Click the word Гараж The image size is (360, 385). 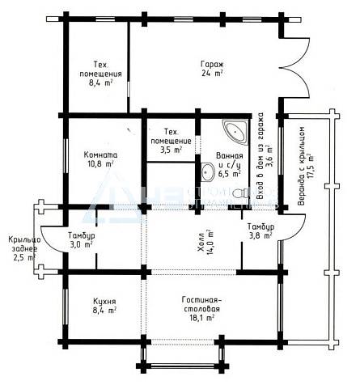point(212,65)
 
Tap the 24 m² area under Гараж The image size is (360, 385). point(212,74)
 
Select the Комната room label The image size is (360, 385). point(100,155)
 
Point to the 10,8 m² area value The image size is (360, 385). point(100,164)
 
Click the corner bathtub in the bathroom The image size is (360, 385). point(235,133)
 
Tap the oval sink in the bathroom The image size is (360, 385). point(208,172)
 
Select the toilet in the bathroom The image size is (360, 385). point(241,193)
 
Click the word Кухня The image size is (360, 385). point(104,301)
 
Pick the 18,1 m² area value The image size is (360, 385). point(201,318)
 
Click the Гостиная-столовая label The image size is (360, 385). point(201,304)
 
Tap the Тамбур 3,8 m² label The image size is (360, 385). point(260,231)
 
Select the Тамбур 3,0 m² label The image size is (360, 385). point(82,240)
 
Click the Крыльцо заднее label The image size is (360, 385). point(24,244)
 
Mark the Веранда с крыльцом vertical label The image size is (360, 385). point(302,166)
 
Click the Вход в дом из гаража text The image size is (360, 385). point(260,156)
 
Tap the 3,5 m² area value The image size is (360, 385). point(172,150)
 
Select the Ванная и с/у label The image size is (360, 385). point(230,160)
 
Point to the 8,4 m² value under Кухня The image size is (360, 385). point(104,311)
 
